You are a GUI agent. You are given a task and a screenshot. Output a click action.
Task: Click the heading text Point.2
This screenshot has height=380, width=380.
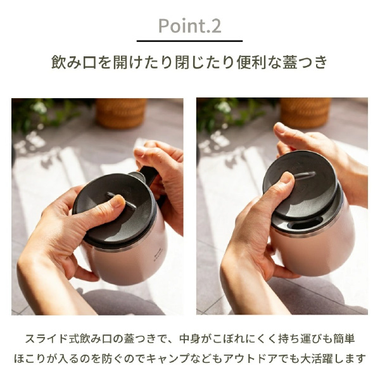pos(190,26)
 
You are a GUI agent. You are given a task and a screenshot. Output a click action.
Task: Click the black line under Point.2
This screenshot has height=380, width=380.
pos(189,41)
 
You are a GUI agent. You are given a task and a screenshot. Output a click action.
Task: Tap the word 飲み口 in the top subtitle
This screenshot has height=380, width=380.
pos(74,62)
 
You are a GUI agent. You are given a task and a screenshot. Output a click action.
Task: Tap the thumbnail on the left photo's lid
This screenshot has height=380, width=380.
pos(117,201)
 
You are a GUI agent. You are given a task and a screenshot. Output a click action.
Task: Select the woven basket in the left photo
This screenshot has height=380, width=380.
pos(121,112)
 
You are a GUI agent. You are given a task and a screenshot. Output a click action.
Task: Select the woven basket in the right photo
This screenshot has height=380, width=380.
pos(305,112)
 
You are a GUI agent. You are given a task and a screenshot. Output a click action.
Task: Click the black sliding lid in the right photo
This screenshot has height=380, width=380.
pos(300,184)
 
